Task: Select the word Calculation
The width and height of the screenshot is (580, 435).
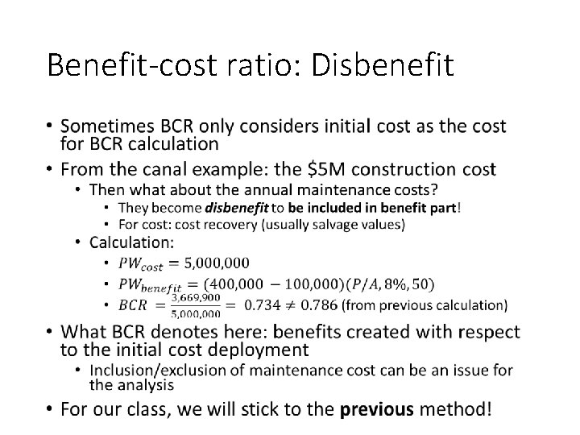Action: [131, 242]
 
